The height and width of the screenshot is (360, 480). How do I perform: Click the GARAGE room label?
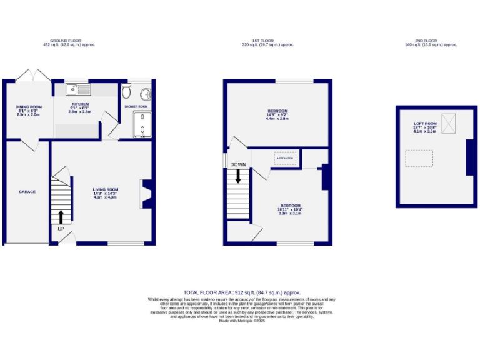click(x=27, y=192)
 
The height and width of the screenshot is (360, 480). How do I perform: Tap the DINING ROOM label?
click(x=28, y=107)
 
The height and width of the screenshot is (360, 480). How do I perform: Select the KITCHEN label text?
click(x=80, y=104)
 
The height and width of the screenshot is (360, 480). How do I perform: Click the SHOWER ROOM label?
click(x=136, y=106)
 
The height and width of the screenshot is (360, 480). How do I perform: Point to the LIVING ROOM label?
click(x=105, y=190)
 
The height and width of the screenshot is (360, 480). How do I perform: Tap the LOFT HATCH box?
click(x=285, y=158)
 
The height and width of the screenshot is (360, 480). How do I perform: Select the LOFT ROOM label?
click(x=424, y=124)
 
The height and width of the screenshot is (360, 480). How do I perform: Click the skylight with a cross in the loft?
click(x=449, y=124)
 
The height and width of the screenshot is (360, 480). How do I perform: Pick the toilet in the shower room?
click(x=127, y=92)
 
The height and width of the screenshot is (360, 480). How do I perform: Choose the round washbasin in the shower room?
click(x=146, y=94)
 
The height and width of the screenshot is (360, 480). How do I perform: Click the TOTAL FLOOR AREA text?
click(x=242, y=292)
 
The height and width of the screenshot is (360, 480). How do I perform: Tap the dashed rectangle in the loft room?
click(x=419, y=158)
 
